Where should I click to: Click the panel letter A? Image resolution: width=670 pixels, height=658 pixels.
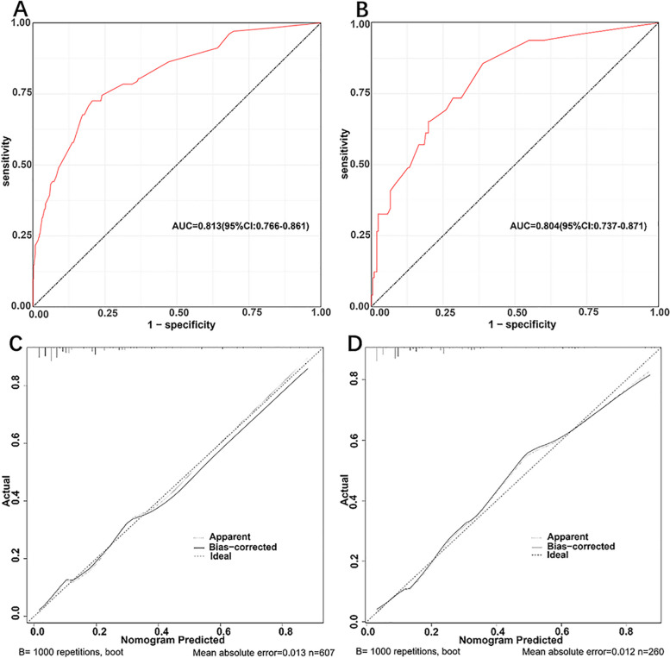click(11, 9)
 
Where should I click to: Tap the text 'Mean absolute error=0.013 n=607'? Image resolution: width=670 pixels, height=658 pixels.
click(254, 651)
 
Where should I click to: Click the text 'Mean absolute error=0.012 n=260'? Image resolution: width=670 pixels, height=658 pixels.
click(589, 651)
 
